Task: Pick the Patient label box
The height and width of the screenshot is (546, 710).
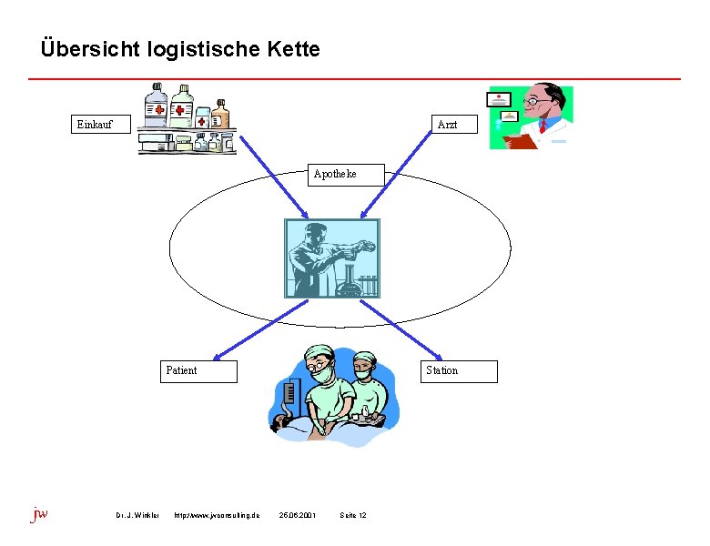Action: coord(198,371)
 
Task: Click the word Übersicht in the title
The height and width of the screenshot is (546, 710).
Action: coord(89,49)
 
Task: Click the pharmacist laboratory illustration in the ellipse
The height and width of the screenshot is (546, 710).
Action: coord(331,258)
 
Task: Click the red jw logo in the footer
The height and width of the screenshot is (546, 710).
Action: coord(39,514)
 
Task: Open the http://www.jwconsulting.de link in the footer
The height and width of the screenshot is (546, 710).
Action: coord(216,516)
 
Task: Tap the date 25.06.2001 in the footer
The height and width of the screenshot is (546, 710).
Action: coord(298,516)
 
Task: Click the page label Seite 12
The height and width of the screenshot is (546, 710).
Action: coord(352,516)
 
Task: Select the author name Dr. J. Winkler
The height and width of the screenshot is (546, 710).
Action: coord(137,516)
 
